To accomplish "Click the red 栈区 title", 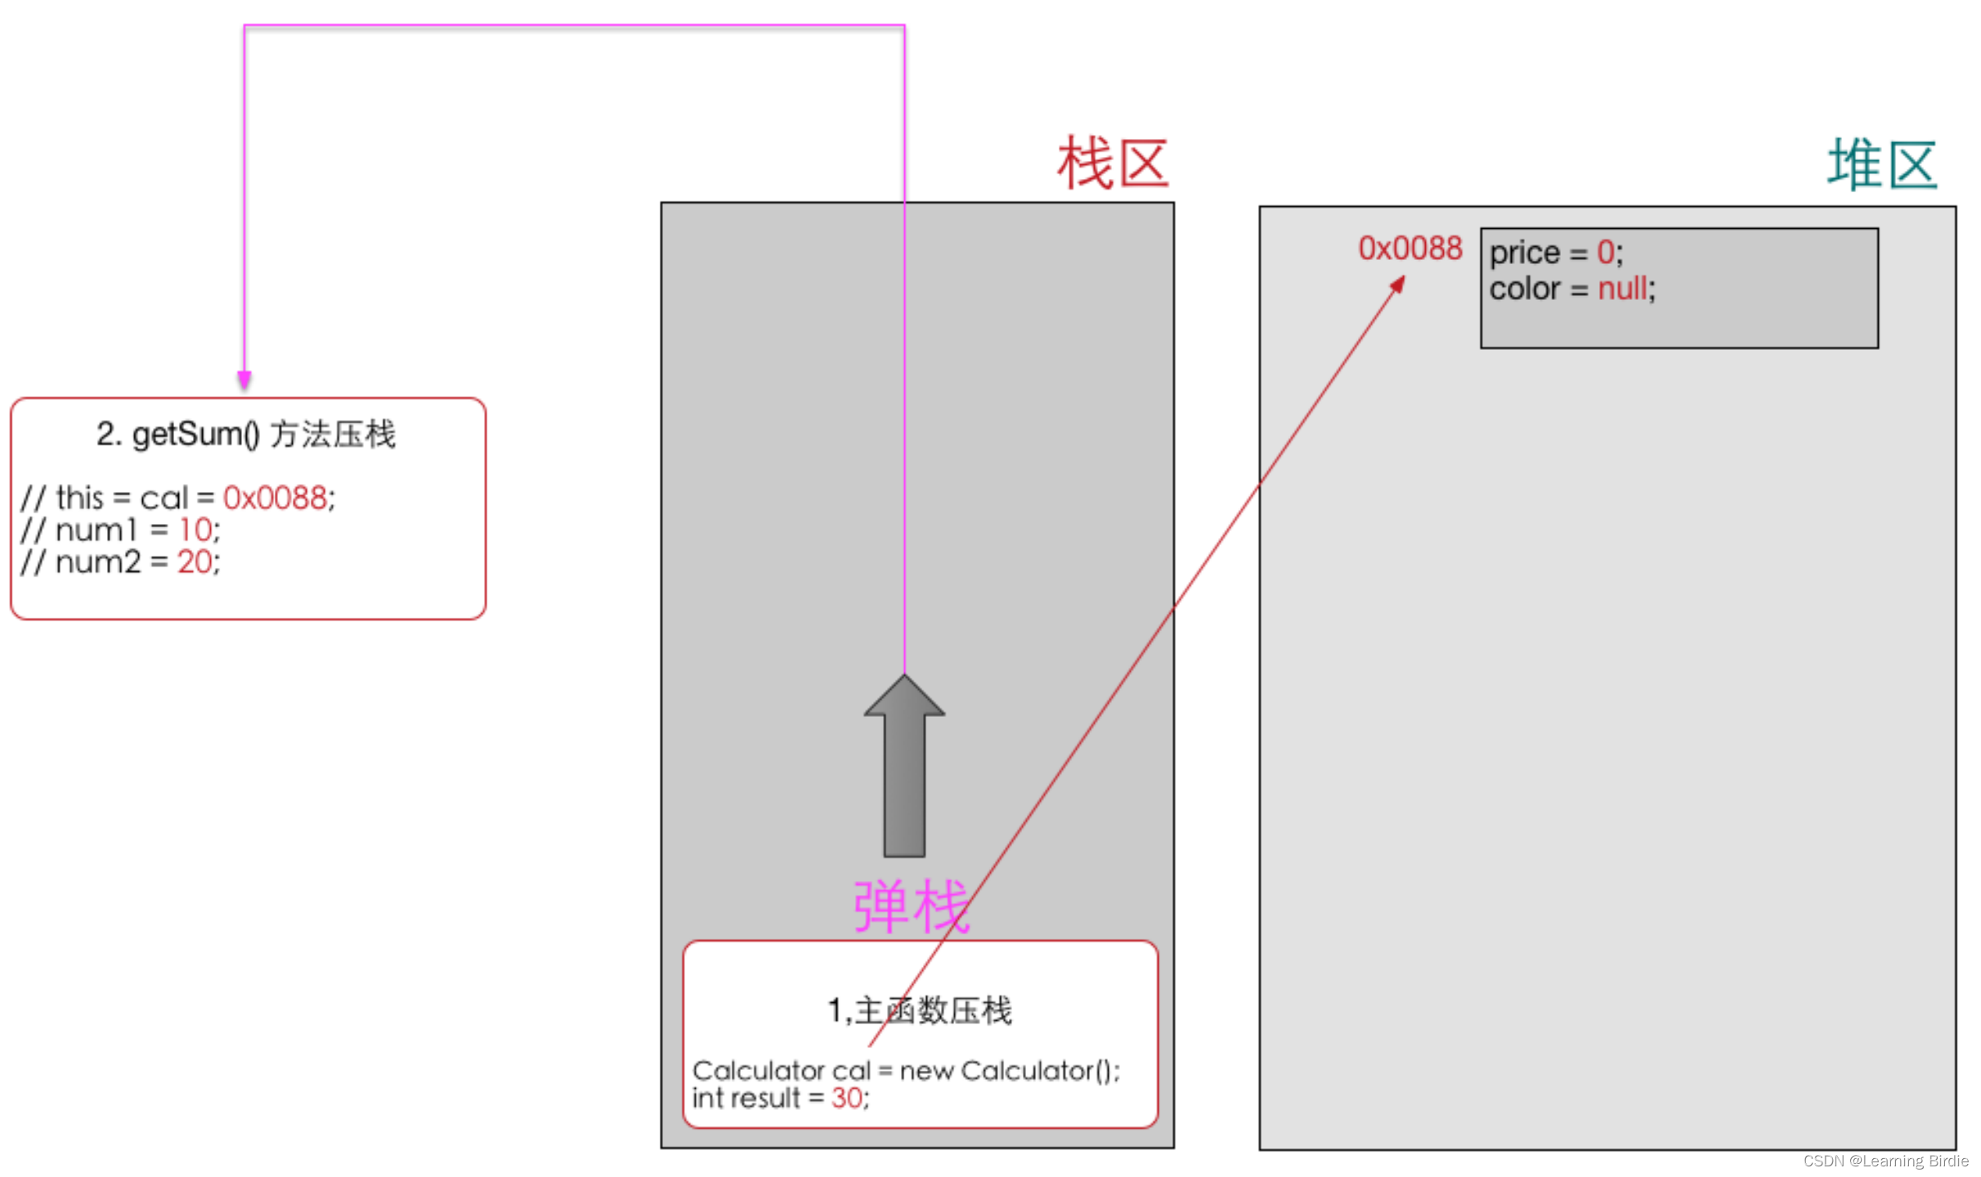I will tap(1112, 163).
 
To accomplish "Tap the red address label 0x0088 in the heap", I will tap(1410, 248).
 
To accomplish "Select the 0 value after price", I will tap(1605, 253).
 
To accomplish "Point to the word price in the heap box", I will tap(1525, 253).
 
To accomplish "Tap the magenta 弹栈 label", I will tap(911, 906).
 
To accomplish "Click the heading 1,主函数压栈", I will tap(920, 1011).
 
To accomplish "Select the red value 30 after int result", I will tap(847, 1098).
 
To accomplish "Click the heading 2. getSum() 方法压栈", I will tap(245, 434).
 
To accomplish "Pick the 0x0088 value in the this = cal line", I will tap(275, 498).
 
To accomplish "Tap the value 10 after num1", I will tap(195, 530).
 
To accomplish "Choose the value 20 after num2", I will tap(195, 562).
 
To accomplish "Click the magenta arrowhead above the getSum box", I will tap(244, 379).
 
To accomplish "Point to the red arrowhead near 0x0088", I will tap(1399, 284).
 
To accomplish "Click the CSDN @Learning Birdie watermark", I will tap(1885, 1161).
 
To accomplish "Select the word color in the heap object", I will tap(1525, 289).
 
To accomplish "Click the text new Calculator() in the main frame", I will tap(1009, 1071).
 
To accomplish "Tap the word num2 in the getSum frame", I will tap(98, 562).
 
